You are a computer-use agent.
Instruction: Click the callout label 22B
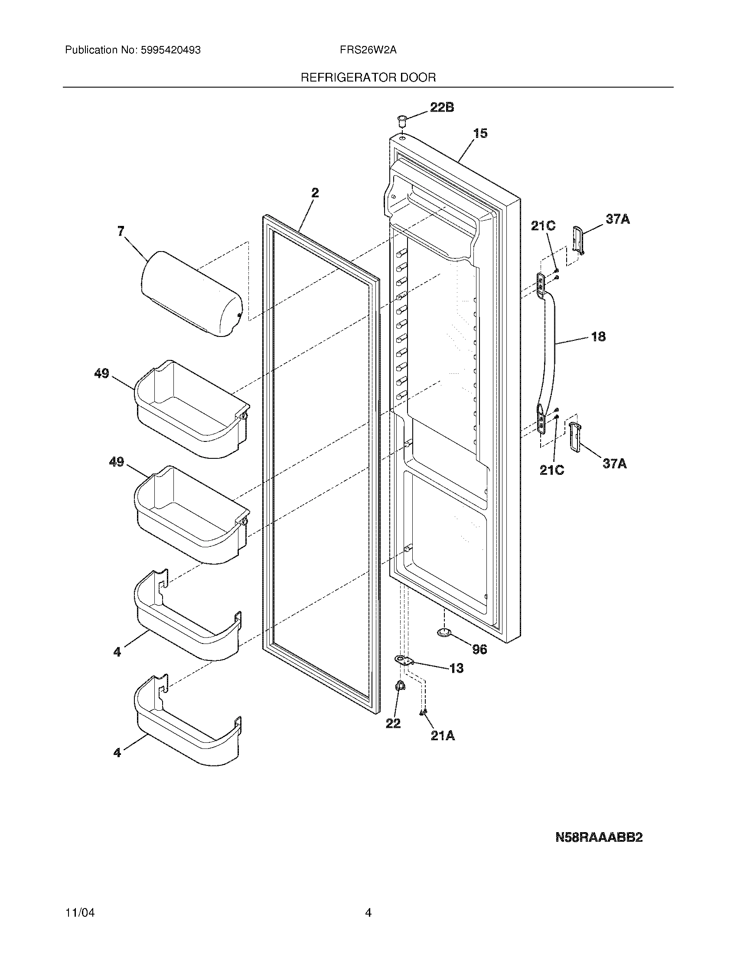tap(442, 108)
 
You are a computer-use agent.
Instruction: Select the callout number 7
tap(121, 232)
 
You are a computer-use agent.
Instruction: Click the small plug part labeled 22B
tap(402, 119)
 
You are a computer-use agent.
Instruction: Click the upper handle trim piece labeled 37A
tap(577, 240)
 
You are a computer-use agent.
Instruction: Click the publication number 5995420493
tap(171, 50)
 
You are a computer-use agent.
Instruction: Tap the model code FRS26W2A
tap(368, 50)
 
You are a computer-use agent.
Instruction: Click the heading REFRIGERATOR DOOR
tap(368, 78)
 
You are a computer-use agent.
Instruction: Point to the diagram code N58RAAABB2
tap(599, 837)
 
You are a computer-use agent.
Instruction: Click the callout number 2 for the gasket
tap(315, 193)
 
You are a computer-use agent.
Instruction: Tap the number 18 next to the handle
tap(598, 337)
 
